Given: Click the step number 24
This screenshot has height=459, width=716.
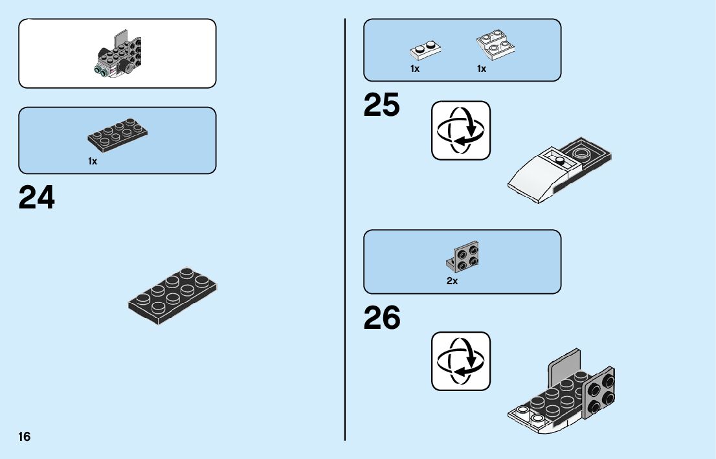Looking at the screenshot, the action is [37, 198].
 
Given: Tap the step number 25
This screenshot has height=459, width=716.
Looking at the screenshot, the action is [382, 106].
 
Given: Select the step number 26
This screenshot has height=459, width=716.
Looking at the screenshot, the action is [382, 318].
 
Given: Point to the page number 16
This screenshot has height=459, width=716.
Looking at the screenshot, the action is [25, 437].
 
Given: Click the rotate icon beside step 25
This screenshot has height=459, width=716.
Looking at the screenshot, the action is [461, 130].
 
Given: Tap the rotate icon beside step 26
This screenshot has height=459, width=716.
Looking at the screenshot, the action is [461, 361].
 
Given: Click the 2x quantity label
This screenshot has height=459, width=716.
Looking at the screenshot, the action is [452, 281].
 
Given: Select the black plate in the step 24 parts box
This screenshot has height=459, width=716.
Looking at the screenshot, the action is [117, 133].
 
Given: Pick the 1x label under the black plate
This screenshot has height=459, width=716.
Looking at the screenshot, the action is [93, 161].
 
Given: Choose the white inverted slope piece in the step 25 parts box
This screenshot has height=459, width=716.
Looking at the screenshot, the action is [495, 43].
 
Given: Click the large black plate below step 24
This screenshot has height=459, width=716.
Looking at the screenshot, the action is [172, 295].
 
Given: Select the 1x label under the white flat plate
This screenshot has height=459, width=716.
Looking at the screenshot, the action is [415, 69].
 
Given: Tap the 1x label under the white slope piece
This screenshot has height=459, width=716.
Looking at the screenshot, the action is [482, 69].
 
